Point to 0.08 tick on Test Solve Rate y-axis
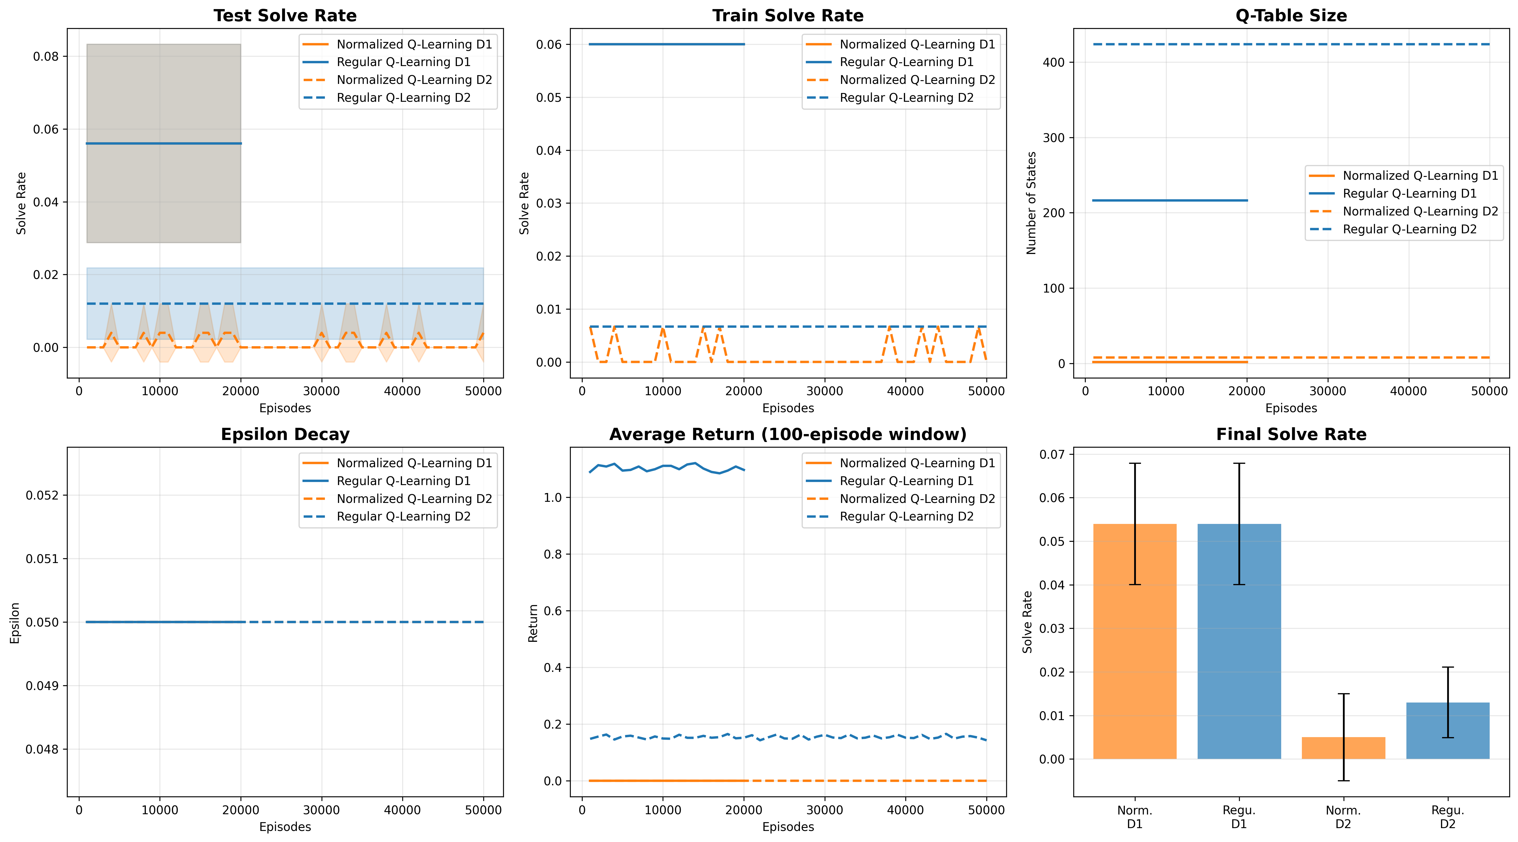tap(46, 57)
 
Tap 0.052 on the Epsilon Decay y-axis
tap(42, 495)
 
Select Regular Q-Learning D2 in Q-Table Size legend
tap(1410, 229)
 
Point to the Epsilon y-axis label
tap(15, 623)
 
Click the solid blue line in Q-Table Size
tap(1170, 200)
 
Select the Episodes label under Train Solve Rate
tap(788, 408)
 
